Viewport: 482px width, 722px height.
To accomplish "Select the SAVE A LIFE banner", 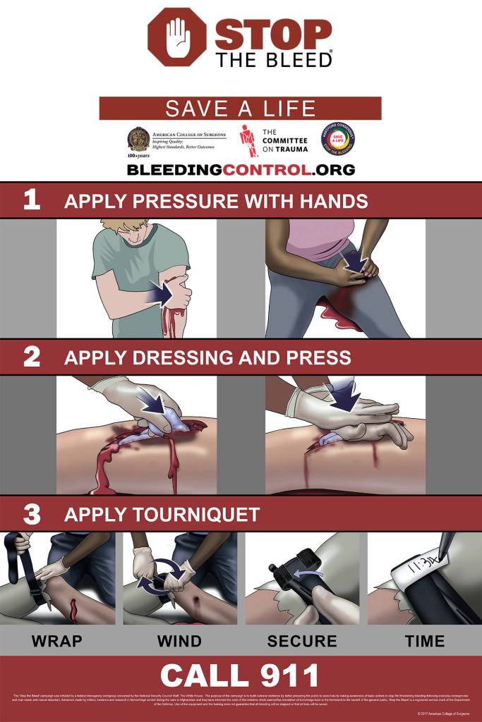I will click(240, 109).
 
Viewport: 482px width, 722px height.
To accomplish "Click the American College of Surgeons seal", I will click(138, 140).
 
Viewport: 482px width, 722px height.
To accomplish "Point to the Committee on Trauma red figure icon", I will click(246, 140).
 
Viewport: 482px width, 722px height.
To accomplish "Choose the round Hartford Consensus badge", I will click(337, 139).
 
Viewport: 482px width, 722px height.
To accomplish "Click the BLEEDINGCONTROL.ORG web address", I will click(241, 170).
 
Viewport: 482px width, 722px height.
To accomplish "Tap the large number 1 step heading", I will click(32, 200).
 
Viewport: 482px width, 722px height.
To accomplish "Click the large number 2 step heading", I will click(32, 357).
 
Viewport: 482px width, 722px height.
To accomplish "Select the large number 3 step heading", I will click(32, 514).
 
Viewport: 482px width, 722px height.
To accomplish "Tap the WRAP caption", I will click(56, 641).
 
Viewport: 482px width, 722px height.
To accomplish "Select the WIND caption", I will click(179, 641).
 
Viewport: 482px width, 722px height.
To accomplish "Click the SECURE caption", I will click(302, 641).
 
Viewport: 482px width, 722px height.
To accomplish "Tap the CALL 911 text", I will click(240, 675).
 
